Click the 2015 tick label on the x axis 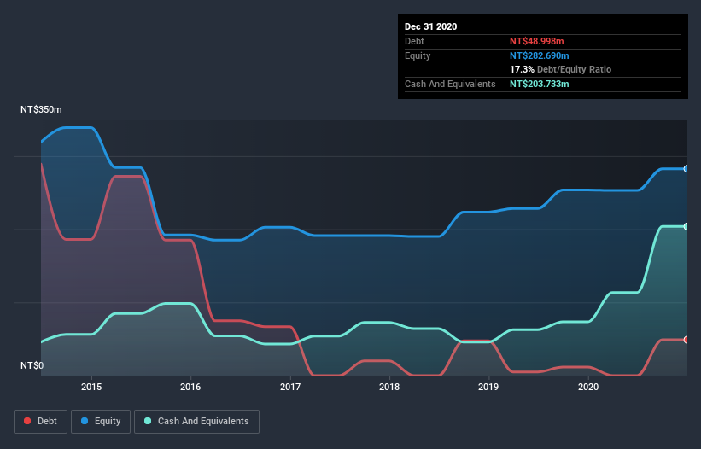tap(91, 387)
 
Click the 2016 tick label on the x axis tap(190, 387)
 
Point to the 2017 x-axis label tap(290, 387)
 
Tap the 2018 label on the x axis tap(389, 387)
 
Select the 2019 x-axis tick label tap(489, 387)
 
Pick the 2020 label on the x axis tap(588, 387)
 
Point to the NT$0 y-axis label tap(32, 366)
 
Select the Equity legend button tap(101, 421)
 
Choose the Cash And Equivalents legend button tap(196, 421)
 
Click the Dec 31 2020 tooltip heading tap(430, 26)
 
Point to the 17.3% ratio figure tap(522, 69)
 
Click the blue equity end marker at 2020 tap(686, 169)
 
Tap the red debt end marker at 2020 tap(686, 340)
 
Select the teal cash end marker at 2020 tap(686, 226)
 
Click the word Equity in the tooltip tap(418, 55)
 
